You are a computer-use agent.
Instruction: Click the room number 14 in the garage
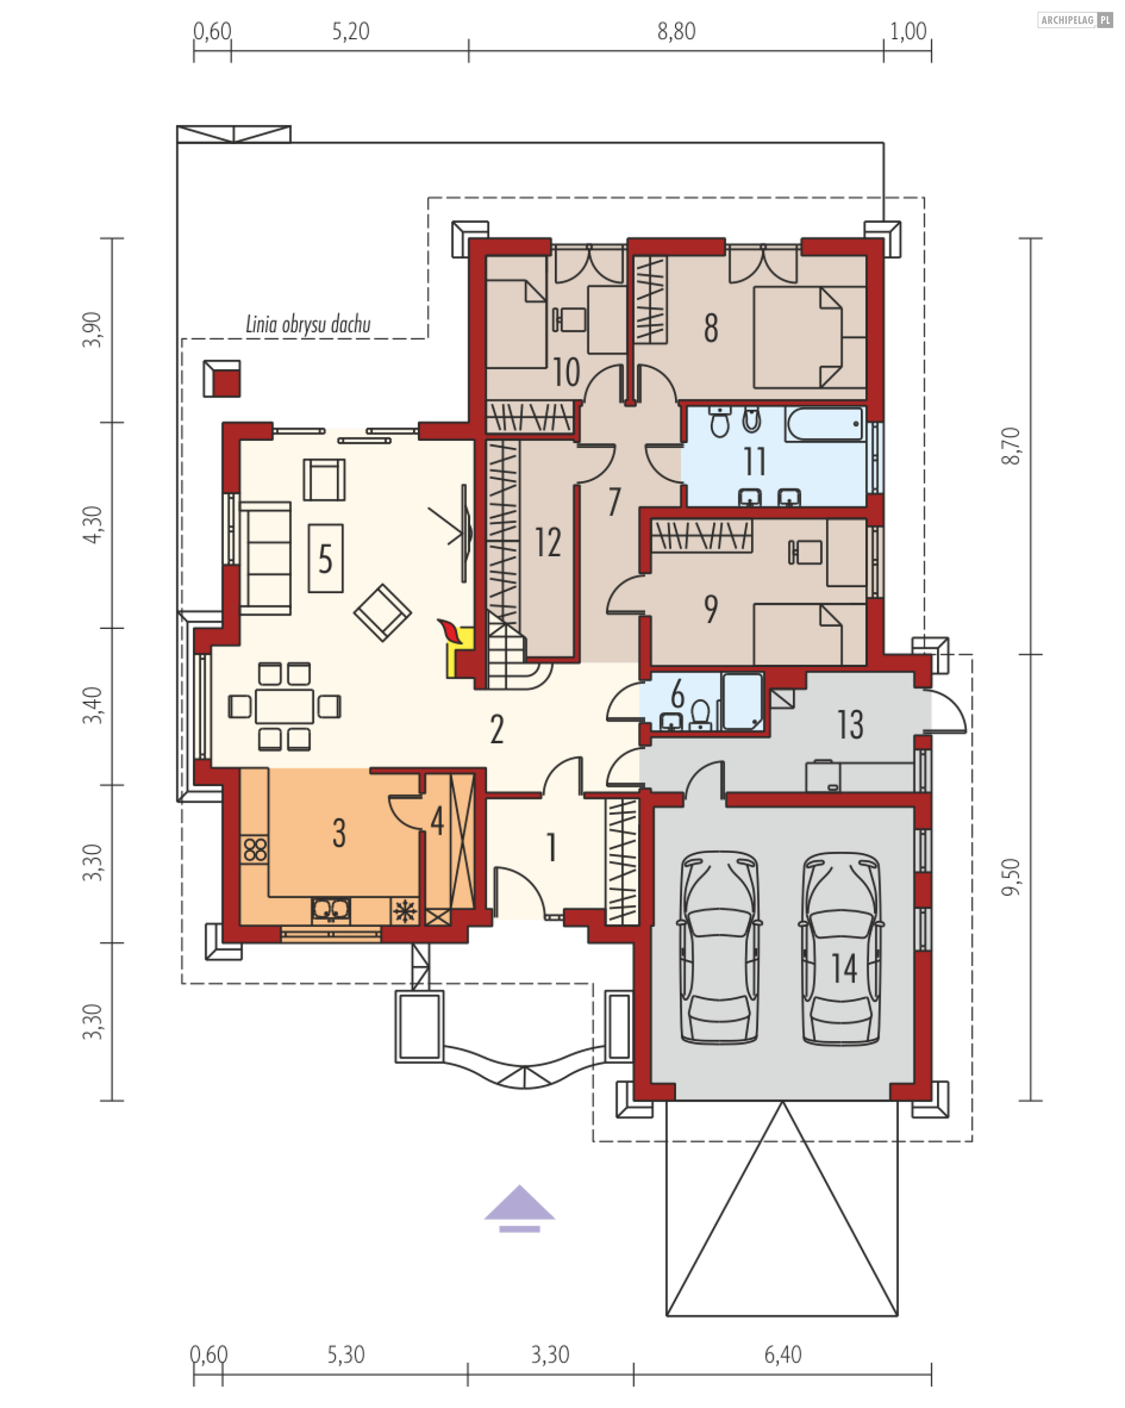tap(844, 968)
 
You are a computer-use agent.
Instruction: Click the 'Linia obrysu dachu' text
tap(308, 324)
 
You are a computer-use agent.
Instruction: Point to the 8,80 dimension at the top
tap(676, 31)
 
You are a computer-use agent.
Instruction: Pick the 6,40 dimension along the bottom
tap(783, 1355)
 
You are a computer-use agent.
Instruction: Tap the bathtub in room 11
tap(826, 424)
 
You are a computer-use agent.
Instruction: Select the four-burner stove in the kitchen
tap(255, 849)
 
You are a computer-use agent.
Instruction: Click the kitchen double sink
tap(330, 910)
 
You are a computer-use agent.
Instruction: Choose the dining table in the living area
tap(284, 706)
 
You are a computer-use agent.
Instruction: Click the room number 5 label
tap(325, 559)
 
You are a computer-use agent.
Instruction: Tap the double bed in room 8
tap(810, 338)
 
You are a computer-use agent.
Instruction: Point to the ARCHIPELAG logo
tap(1075, 21)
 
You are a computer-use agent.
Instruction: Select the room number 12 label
tap(548, 542)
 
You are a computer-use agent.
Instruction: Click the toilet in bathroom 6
tap(700, 715)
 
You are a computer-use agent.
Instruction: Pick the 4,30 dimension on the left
tap(93, 525)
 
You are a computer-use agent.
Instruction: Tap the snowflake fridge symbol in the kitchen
tap(405, 910)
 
